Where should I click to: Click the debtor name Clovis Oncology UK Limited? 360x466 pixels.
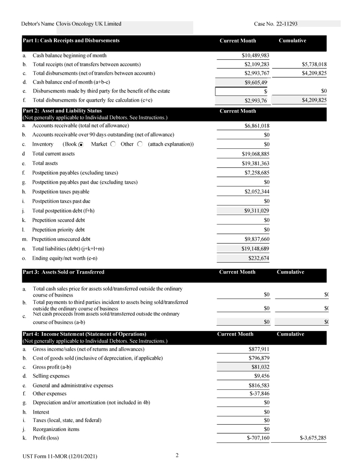[x=88, y=24]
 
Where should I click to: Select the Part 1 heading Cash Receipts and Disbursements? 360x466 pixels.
[x=71, y=41]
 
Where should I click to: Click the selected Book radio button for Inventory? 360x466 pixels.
[x=81, y=145]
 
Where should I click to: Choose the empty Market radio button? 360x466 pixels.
[x=113, y=145]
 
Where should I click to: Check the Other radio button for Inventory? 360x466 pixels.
[x=140, y=145]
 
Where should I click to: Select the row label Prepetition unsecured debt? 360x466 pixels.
[x=61, y=239]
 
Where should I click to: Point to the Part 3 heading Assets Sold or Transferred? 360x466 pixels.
[x=63, y=272]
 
